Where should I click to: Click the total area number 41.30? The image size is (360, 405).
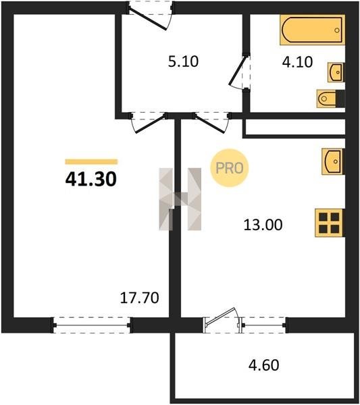click(91, 179)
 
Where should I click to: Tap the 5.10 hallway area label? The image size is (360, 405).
click(183, 61)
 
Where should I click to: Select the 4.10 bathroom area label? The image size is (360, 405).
click(297, 62)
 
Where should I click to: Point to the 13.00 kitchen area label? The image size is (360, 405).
click(263, 225)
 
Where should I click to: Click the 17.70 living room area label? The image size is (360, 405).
click(140, 298)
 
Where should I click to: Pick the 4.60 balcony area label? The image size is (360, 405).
click(263, 365)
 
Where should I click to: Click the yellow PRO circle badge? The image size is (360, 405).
click(229, 168)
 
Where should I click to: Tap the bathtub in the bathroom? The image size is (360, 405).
click(313, 30)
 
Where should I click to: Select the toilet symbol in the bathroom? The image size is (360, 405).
click(331, 99)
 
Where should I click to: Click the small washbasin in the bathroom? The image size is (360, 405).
click(336, 72)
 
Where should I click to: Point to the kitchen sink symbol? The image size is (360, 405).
click(333, 161)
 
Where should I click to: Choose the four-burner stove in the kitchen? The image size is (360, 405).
click(330, 223)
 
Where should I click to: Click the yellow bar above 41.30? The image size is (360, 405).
click(91, 162)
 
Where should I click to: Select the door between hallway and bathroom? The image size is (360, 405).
click(239, 72)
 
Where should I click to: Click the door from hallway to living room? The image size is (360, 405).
click(149, 122)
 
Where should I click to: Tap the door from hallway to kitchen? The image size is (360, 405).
click(212, 122)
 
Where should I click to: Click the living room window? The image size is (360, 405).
click(93, 325)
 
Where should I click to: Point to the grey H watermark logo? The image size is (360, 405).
click(180, 199)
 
